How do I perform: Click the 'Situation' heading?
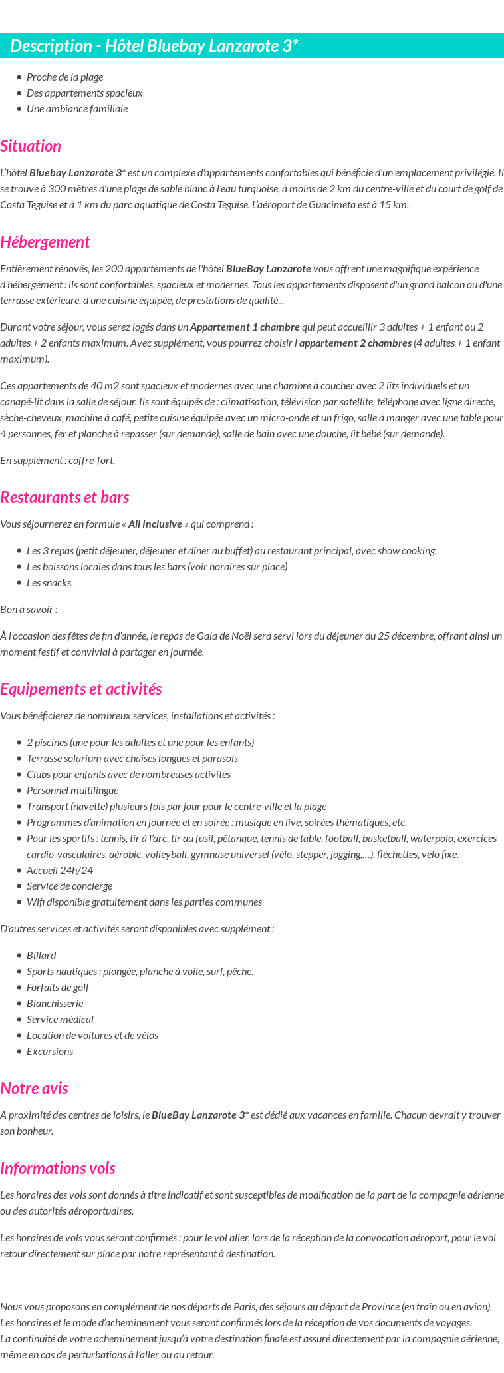(x=31, y=146)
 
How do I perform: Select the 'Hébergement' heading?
(x=45, y=242)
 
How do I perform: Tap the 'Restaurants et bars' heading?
(x=64, y=498)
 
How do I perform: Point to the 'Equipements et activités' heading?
(x=81, y=689)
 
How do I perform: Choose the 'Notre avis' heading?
(x=34, y=1089)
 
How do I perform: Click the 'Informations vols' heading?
(x=58, y=1169)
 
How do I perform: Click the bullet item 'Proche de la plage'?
(x=64, y=77)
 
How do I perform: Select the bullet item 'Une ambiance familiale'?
(x=77, y=109)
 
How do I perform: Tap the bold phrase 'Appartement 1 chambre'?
(x=245, y=327)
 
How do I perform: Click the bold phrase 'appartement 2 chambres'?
(x=355, y=343)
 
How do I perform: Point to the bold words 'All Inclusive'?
(x=155, y=524)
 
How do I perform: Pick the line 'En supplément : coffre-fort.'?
(x=58, y=461)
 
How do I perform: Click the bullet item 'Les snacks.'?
(x=50, y=583)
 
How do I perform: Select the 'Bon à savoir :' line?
(x=29, y=610)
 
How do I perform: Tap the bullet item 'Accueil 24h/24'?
(x=60, y=871)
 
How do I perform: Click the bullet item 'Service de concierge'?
(x=69, y=886)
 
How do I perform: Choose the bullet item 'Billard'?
(x=41, y=956)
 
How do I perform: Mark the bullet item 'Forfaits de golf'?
(x=58, y=988)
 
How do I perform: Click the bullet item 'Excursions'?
(x=50, y=1052)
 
